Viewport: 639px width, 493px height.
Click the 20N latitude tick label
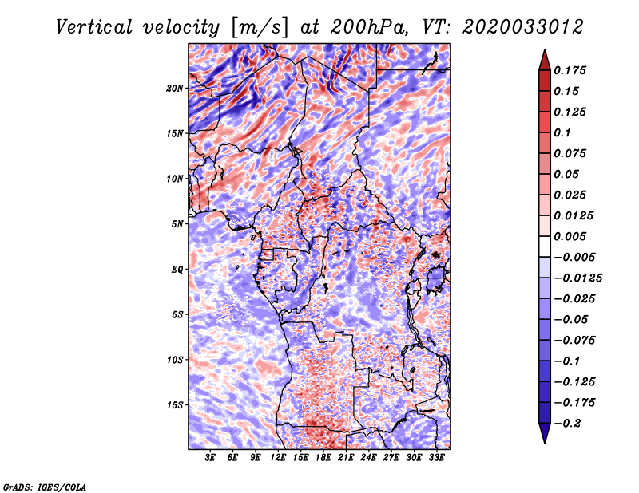coord(175,88)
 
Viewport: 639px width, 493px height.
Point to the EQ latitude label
coord(178,269)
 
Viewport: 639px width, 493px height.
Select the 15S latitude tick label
coord(175,404)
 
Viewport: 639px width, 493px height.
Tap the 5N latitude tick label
coord(177,224)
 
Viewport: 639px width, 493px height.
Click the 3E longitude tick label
coord(211,458)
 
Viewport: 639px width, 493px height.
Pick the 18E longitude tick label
coord(324,458)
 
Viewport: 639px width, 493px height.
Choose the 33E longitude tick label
coord(437,458)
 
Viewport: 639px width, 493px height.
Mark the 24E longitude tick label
coord(369,458)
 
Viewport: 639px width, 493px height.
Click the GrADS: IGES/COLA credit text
coord(45,486)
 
